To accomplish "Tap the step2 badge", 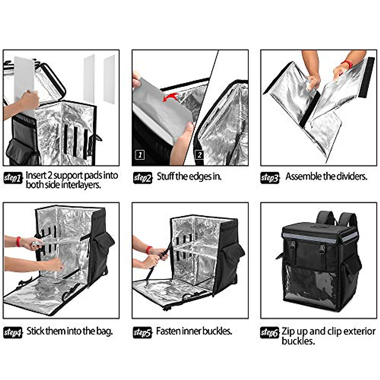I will click(x=142, y=178).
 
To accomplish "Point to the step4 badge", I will click(x=13, y=333).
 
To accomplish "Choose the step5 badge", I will click(x=142, y=333).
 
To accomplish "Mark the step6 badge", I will click(x=269, y=333).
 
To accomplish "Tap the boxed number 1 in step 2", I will click(x=140, y=155).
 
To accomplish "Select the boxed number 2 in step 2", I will click(x=199, y=155).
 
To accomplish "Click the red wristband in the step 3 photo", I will click(x=348, y=64).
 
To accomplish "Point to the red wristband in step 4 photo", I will click(x=18, y=242).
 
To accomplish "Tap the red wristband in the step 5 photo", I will click(x=149, y=250).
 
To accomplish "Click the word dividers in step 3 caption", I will click(x=351, y=176).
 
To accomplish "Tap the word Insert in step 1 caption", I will click(x=35, y=175).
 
